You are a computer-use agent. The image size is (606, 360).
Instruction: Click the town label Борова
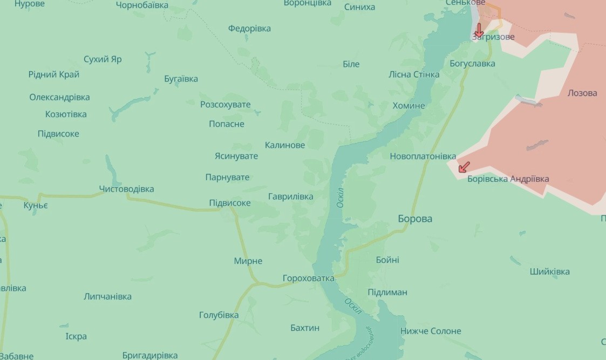pyautogui.click(x=414, y=219)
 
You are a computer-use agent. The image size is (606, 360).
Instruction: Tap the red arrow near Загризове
pyautogui.click(x=479, y=30)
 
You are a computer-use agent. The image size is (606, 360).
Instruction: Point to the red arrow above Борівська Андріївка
pyautogui.click(x=464, y=167)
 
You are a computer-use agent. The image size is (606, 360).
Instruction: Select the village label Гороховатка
pyautogui.click(x=309, y=279)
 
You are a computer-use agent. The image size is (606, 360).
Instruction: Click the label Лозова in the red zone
pyautogui.click(x=582, y=93)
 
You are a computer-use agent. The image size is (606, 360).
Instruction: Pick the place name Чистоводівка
pyautogui.click(x=126, y=189)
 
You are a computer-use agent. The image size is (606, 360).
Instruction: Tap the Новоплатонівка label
pyautogui.click(x=423, y=156)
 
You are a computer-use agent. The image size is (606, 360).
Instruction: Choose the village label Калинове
pyautogui.click(x=285, y=145)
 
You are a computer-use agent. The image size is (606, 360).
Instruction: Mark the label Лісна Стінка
pyautogui.click(x=414, y=74)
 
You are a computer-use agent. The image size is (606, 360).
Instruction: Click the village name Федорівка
pyautogui.click(x=249, y=28)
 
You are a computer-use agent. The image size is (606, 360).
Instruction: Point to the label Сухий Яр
pyautogui.click(x=103, y=59)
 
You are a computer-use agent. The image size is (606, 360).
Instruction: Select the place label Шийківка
pyautogui.click(x=549, y=271)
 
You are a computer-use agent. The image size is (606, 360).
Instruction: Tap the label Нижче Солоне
pyautogui.click(x=431, y=331)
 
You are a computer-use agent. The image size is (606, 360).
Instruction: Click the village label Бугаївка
pyautogui.click(x=181, y=79)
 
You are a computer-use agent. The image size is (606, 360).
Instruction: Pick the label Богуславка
pyautogui.click(x=472, y=64)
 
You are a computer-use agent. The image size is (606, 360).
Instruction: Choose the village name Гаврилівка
pyautogui.click(x=290, y=196)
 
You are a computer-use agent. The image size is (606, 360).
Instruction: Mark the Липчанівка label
pyautogui.click(x=107, y=296)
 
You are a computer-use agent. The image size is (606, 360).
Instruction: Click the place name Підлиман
pyautogui.click(x=387, y=292)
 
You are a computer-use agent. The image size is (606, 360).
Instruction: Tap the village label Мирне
pyautogui.click(x=248, y=261)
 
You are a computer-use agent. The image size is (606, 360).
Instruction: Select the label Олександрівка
pyautogui.click(x=59, y=97)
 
